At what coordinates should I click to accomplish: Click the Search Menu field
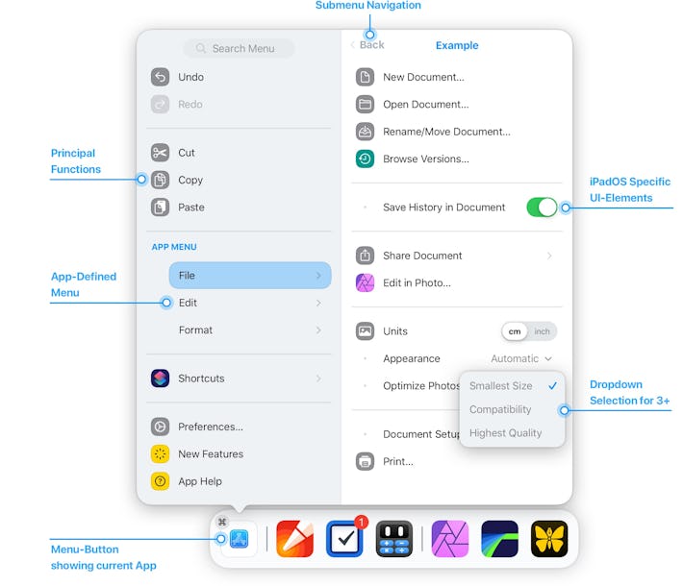pyautogui.click(x=239, y=48)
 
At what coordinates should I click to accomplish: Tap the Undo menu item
pyautogui.click(x=190, y=77)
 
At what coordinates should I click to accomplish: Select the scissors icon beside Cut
pyautogui.click(x=161, y=153)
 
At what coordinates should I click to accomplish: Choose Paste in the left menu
pyautogui.click(x=190, y=208)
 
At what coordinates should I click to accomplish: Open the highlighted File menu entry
pyautogui.click(x=249, y=276)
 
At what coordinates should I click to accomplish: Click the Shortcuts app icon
pyautogui.click(x=161, y=378)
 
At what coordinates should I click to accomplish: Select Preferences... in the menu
pyautogui.click(x=210, y=427)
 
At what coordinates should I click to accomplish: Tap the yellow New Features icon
pyautogui.click(x=161, y=454)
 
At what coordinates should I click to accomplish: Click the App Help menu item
pyautogui.click(x=199, y=481)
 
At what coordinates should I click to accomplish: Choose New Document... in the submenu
pyautogui.click(x=423, y=77)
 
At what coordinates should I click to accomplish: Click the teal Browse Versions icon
pyautogui.click(x=365, y=159)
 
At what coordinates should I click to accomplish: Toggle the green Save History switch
pyautogui.click(x=542, y=208)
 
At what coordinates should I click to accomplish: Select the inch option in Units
pyautogui.click(x=543, y=331)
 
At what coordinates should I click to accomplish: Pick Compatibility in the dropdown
pyautogui.click(x=500, y=409)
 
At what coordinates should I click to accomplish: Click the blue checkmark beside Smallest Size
pyautogui.click(x=552, y=386)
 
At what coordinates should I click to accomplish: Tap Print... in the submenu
pyautogui.click(x=398, y=461)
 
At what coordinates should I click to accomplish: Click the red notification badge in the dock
pyautogui.click(x=361, y=523)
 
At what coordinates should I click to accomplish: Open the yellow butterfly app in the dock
pyautogui.click(x=549, y=539)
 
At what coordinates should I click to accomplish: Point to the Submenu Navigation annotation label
pyautogui.click(x=368, y=6)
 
